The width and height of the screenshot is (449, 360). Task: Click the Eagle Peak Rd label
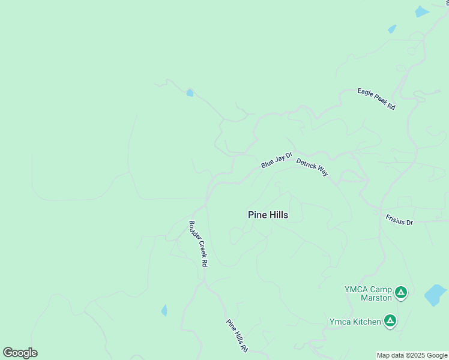[x=376, y=99]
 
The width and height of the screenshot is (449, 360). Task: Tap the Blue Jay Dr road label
[x=276, y=160]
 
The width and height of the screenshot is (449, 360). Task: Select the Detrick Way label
[x=312, y=167]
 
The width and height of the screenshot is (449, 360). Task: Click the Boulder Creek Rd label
[x=199, y=244]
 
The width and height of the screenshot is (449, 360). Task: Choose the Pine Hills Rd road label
[x=237, y=335]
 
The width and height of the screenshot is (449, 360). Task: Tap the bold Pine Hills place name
[x=268, y=215]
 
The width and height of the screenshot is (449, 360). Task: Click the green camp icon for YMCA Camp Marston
[x=401, y=293]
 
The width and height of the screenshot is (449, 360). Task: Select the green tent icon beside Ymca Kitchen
[x=390, y=322]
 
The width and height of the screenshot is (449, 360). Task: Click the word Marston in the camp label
[x=376, y=298]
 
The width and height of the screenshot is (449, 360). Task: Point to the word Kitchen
[x=366, y=322]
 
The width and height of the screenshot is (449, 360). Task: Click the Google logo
[x=20, y=353]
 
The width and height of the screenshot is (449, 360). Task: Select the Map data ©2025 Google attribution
[x=412, y=355]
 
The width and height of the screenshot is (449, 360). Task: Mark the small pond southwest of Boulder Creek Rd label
[x=164, y=310]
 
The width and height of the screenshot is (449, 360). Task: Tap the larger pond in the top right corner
[x=422, y=11]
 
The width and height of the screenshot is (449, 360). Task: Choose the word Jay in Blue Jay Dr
[x=277, y=160]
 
